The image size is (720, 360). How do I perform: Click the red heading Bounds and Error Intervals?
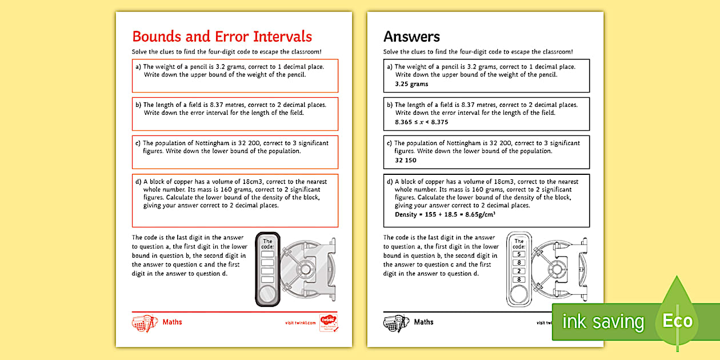click(x=222, y=37)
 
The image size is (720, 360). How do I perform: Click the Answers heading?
click(x=411, y=37)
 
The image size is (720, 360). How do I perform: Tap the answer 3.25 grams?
click(x=411, y=84)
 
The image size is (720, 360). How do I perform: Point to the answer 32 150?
click(x=406, y=160)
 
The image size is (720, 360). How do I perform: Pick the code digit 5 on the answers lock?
click(x=519, y=254)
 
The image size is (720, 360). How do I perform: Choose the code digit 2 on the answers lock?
click(x=519, y=271)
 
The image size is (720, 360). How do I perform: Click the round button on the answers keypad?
click(x=519, y=294)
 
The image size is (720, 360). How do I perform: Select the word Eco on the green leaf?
click(x=677, y=321)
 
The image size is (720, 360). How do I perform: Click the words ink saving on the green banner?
click(x=603, y=322)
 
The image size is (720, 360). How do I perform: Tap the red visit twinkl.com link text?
click(x=301, y=323)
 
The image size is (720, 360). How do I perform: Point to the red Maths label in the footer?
click(x=172, y=322)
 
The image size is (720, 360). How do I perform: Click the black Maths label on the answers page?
click(x=423, y=322)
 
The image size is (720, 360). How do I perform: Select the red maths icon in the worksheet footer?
click(x=145, y=323)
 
